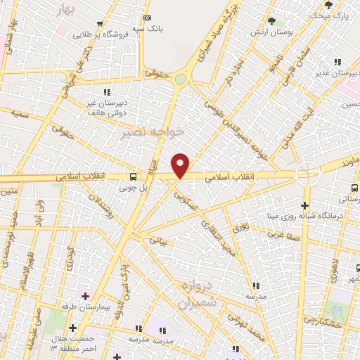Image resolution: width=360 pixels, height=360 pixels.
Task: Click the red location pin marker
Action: (x=181, y=166)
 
